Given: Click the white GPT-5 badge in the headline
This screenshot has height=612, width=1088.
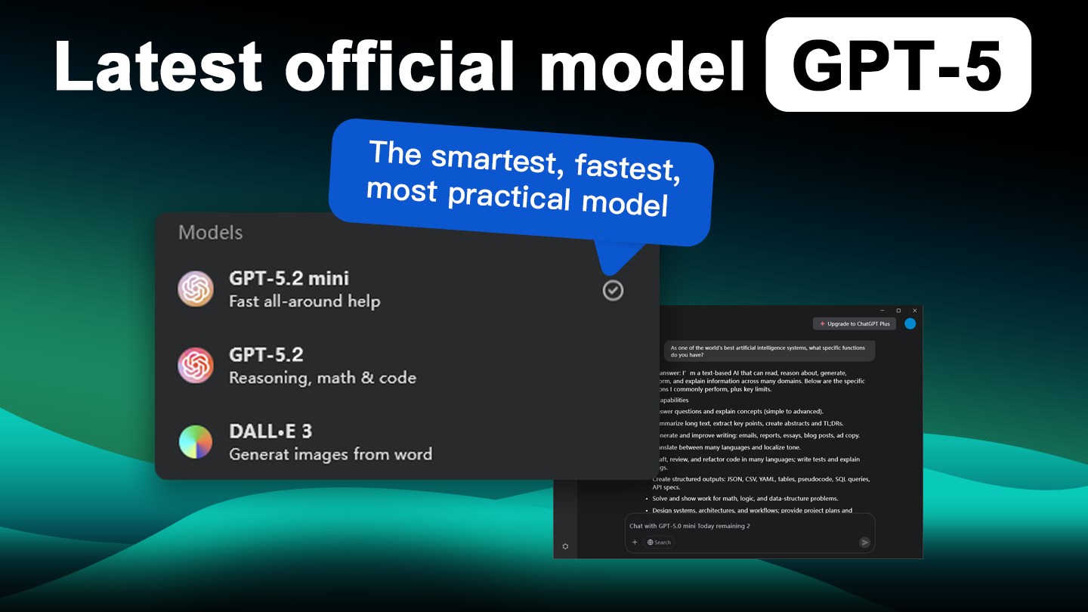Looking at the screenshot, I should [x=898, y=65].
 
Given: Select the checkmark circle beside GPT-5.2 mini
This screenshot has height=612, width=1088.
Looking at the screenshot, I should [x=613, y=290].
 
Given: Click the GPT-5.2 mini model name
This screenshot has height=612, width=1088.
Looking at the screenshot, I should [x=289, y=278].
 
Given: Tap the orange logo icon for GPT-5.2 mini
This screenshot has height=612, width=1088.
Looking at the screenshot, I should [x=196, y=289].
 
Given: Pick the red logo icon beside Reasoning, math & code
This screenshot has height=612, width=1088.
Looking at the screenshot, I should [x=196, y=366].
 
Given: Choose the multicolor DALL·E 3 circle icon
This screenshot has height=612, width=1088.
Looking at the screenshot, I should [x=196, y=442].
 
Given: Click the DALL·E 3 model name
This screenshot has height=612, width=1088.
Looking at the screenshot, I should [x=270, y=431].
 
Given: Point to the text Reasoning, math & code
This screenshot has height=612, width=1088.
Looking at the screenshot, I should [x=323, y=378].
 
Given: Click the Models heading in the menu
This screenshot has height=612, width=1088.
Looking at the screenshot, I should [x=210, y=233].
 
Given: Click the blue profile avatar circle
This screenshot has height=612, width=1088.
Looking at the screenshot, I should [x=910, y=323].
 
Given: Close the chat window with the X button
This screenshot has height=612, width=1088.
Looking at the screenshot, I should [x=914, y=311].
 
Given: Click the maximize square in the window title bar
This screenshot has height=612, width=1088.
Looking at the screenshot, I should [x=898, y=311].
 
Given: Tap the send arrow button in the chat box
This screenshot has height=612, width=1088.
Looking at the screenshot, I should [x=864, y=542].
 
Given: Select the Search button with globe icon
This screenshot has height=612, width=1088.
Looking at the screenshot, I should [x=659, y=542].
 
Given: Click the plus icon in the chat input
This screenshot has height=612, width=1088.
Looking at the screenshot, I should [x=635, y=542].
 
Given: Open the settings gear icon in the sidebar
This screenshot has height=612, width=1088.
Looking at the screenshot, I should [x=565, y=546].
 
